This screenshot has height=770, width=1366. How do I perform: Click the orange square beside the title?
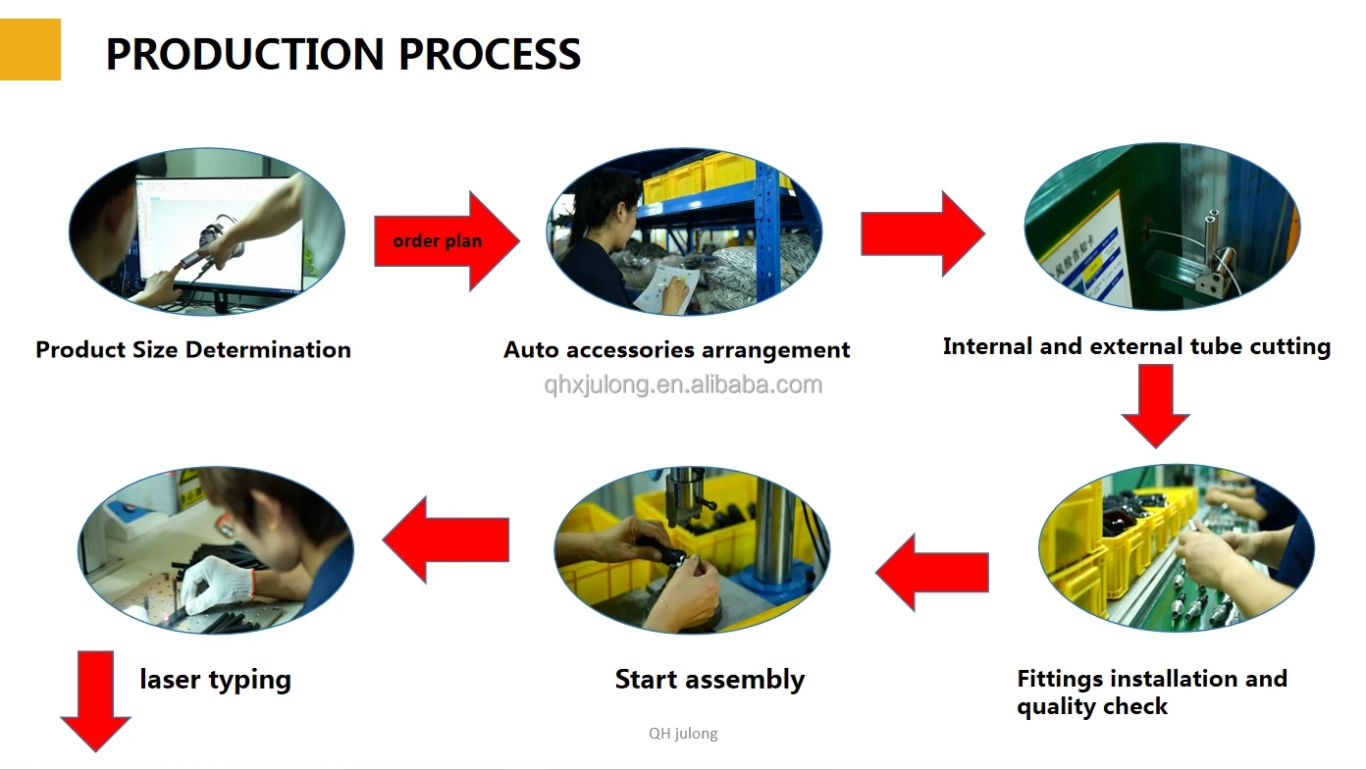click(x=29, y=49)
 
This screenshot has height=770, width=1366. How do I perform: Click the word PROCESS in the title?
click(x=490, y=54)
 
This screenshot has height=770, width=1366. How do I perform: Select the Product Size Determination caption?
click(x=193, y=350)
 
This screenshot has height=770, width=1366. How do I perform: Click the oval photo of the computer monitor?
click(x=207, y=231)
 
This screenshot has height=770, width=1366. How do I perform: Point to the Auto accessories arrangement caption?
click(x=677, y=350)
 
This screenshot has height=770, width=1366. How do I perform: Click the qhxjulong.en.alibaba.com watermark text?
click(x=683, y=385)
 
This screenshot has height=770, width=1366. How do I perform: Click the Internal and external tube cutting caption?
click(x=1136, y=346)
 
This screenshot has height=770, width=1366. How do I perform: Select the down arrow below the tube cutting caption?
click(x=1155, y=405)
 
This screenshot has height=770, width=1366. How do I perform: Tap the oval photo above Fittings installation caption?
click(x=1176, y=548)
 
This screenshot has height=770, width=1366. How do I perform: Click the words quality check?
click(x=1092, y=706)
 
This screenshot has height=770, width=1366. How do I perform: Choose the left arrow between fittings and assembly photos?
click(x=932, y=573)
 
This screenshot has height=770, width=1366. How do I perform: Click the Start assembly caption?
click(x=709, y=680)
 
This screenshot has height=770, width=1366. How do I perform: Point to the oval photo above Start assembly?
click(x=692, y=549)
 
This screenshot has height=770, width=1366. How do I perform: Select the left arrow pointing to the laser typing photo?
click(x=447, y=539)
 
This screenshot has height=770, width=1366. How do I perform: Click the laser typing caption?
click(x=215, y=680)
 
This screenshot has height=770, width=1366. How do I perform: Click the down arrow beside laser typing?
click(x=95, y=700)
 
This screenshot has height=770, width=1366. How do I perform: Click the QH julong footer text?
click(x=683, y=734)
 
